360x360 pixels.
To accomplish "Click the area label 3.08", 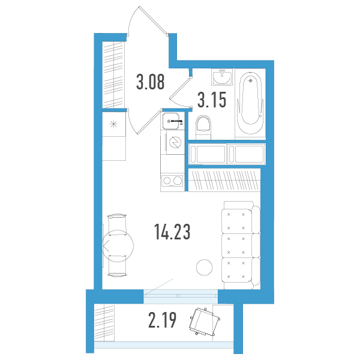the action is pos(151,82).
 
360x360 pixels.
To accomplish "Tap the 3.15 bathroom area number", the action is pos(212,100).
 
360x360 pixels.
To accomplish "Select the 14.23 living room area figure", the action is pos(172,232).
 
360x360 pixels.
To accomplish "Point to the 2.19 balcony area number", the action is pos(163,320).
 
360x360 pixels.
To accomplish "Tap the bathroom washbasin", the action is pos(222,77).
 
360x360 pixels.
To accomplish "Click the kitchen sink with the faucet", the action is pos(174,121).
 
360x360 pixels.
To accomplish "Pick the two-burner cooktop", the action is pos(172,181).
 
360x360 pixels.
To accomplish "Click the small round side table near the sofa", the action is pos(205,268).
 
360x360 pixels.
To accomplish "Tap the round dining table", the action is pos(118,246).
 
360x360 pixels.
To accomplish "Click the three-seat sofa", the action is pos(241,245).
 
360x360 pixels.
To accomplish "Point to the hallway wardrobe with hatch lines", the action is pos(113,75).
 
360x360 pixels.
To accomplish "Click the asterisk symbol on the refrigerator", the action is pos(113,124).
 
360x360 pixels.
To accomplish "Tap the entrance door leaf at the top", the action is pos(153,20).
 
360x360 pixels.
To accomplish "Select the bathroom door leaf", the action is pos(180,88).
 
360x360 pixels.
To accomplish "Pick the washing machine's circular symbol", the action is pos(175,143).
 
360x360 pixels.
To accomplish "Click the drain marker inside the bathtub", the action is pos(251,80).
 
